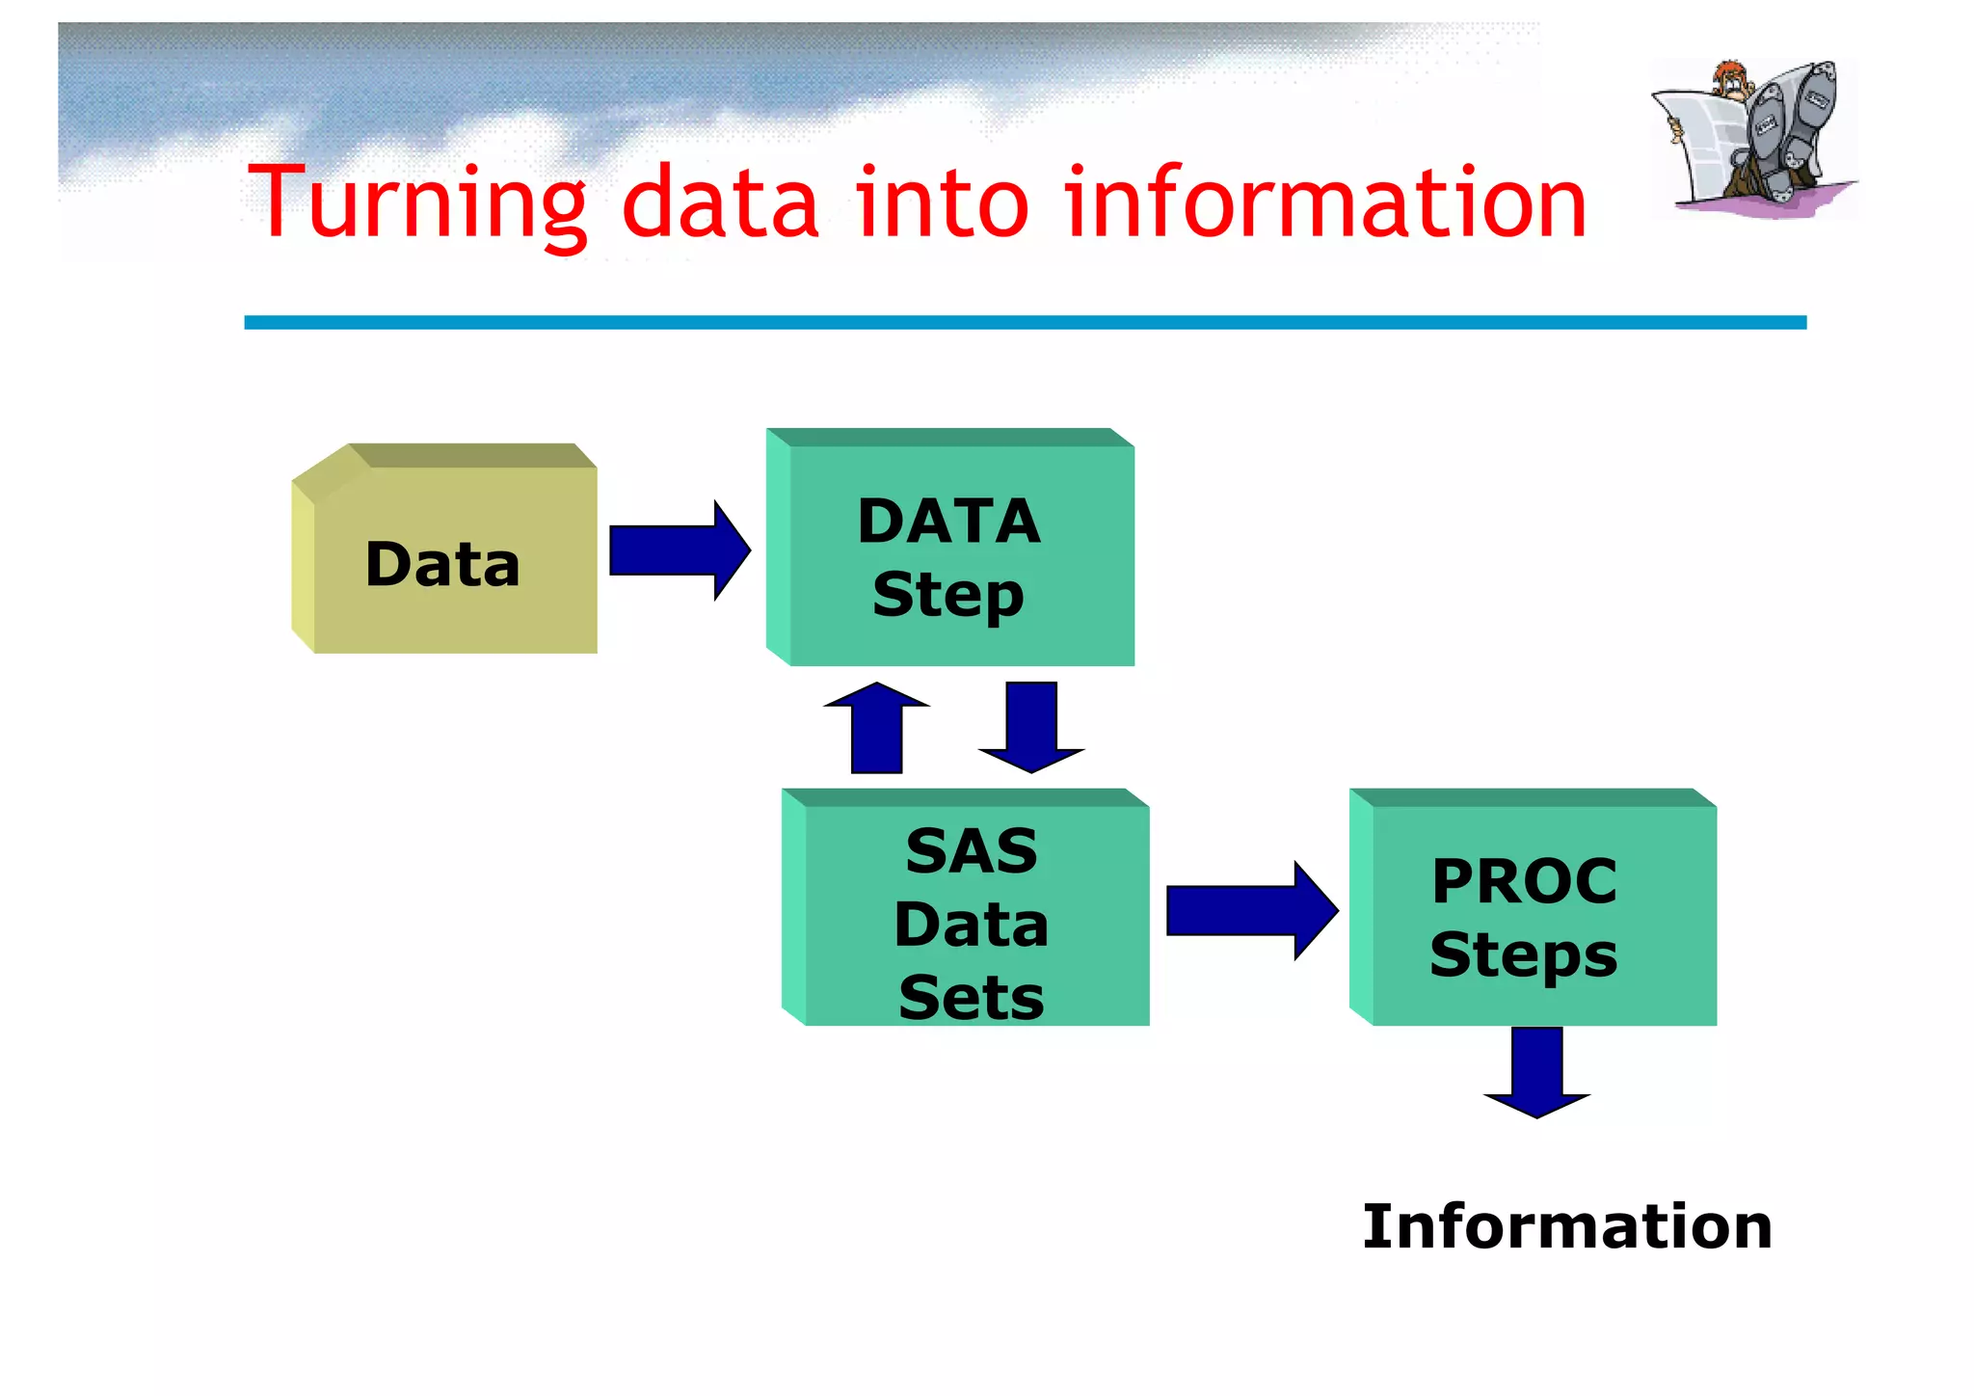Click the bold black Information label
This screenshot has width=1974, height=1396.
pos(1567,1227)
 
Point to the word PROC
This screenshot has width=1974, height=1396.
pos(1524,881)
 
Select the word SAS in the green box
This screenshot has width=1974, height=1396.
pos(972,851)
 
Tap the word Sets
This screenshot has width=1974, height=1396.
pos(972,997)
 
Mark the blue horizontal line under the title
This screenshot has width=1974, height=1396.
pos(1025,323)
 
